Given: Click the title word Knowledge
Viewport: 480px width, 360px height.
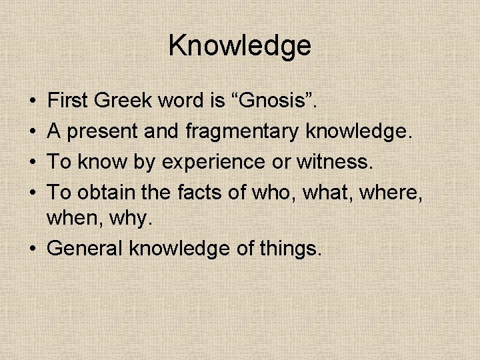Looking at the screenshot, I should click(x=240, y=46).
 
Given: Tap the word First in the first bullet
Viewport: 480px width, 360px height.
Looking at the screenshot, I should click(x=69, y=101).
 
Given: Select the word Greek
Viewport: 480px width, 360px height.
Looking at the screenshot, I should click(x=125, y=101).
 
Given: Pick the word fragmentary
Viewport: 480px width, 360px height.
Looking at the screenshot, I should click(x=241, y=132).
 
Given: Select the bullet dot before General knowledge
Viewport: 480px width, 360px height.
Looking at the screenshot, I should click(x=32, y=249).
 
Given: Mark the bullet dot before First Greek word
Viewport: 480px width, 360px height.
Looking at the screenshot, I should click(x=32, y=102).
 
